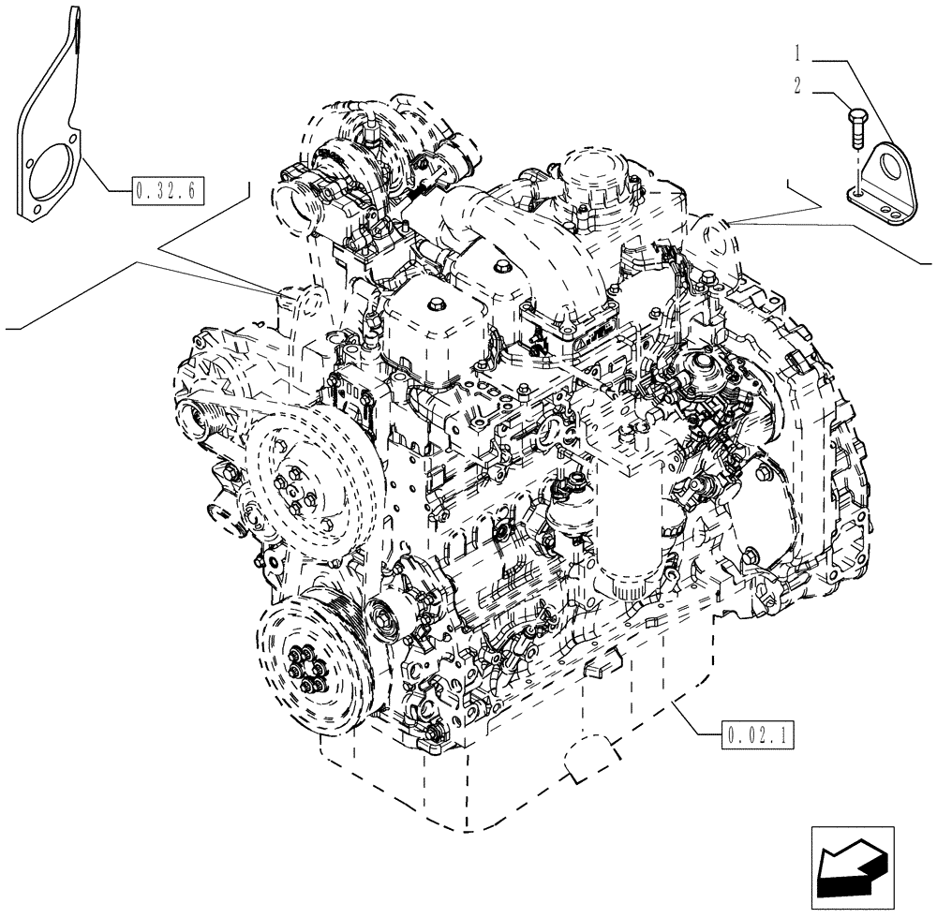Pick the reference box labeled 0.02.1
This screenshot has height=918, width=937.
click(x=759, y=735)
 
